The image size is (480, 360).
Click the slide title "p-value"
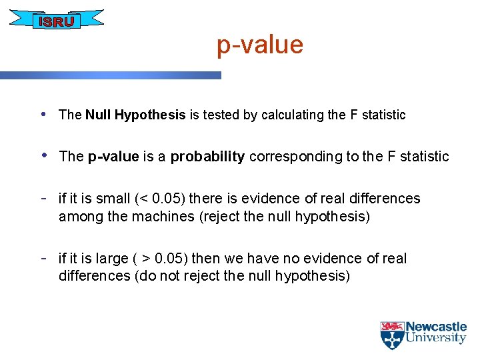(259, 45)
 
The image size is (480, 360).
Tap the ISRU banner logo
(57, 21)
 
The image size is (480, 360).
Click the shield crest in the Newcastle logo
(391, 335)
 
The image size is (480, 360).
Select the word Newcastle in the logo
(436, 327)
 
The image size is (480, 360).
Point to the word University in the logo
(436, 339)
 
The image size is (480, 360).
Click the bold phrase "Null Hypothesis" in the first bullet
(135, 115)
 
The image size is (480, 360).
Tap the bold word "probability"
(207, 157)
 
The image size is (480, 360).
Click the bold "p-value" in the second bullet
(113, 157)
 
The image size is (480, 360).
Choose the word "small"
(113, 199)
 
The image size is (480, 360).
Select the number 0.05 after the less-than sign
(167, 199)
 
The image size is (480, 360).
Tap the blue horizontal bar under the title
(110, 76)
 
